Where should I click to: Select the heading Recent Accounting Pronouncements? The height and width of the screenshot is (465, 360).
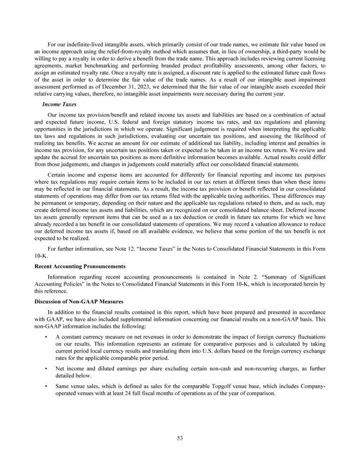(x=77, y=266)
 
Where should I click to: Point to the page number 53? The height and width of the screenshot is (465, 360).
(x=180, y=438)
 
